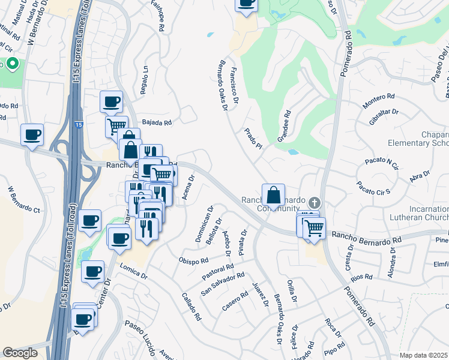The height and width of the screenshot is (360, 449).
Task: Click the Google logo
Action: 20,353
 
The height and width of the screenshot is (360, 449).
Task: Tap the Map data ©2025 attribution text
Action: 423,355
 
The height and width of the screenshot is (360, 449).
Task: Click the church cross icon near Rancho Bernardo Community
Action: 313,203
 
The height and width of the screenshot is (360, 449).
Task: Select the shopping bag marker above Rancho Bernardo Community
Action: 273,195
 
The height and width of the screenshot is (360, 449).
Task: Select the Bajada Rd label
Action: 157,122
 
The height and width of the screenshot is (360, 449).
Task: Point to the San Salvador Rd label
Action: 223,283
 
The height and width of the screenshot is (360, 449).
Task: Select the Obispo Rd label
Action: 193,261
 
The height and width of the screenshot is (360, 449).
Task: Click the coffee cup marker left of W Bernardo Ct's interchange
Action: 32,135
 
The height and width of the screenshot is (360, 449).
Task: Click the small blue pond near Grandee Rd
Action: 294,152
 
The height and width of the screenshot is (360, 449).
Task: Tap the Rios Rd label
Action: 363,277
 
